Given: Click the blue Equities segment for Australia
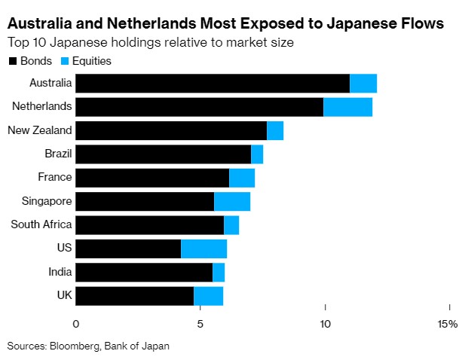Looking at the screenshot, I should point(363,84).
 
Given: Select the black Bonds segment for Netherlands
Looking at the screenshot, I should point(200,107).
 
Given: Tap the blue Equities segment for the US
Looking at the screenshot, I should point(203,249).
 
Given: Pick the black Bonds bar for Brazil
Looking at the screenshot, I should point(164,154).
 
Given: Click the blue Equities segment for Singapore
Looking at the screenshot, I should point(232,201).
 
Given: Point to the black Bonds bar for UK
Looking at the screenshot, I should point(135,295).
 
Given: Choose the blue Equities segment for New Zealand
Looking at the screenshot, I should point(275,130).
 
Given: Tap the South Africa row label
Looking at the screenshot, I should point(41,224).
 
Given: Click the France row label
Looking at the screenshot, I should point(55,178).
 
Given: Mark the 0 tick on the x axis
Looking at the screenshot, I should point(76,324).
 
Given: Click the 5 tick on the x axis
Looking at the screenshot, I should point(200,324).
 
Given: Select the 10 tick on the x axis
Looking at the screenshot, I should point(325,324).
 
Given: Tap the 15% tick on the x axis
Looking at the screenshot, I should point(447,324).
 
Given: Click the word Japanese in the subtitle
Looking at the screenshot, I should point(82,42).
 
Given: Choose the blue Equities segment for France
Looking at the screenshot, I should point(242,178).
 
